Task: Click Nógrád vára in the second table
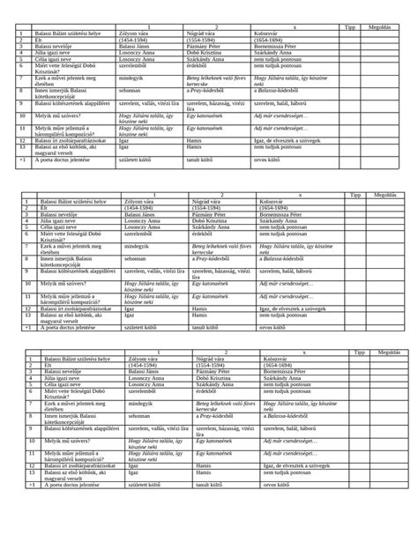click(x=204, y=200)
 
